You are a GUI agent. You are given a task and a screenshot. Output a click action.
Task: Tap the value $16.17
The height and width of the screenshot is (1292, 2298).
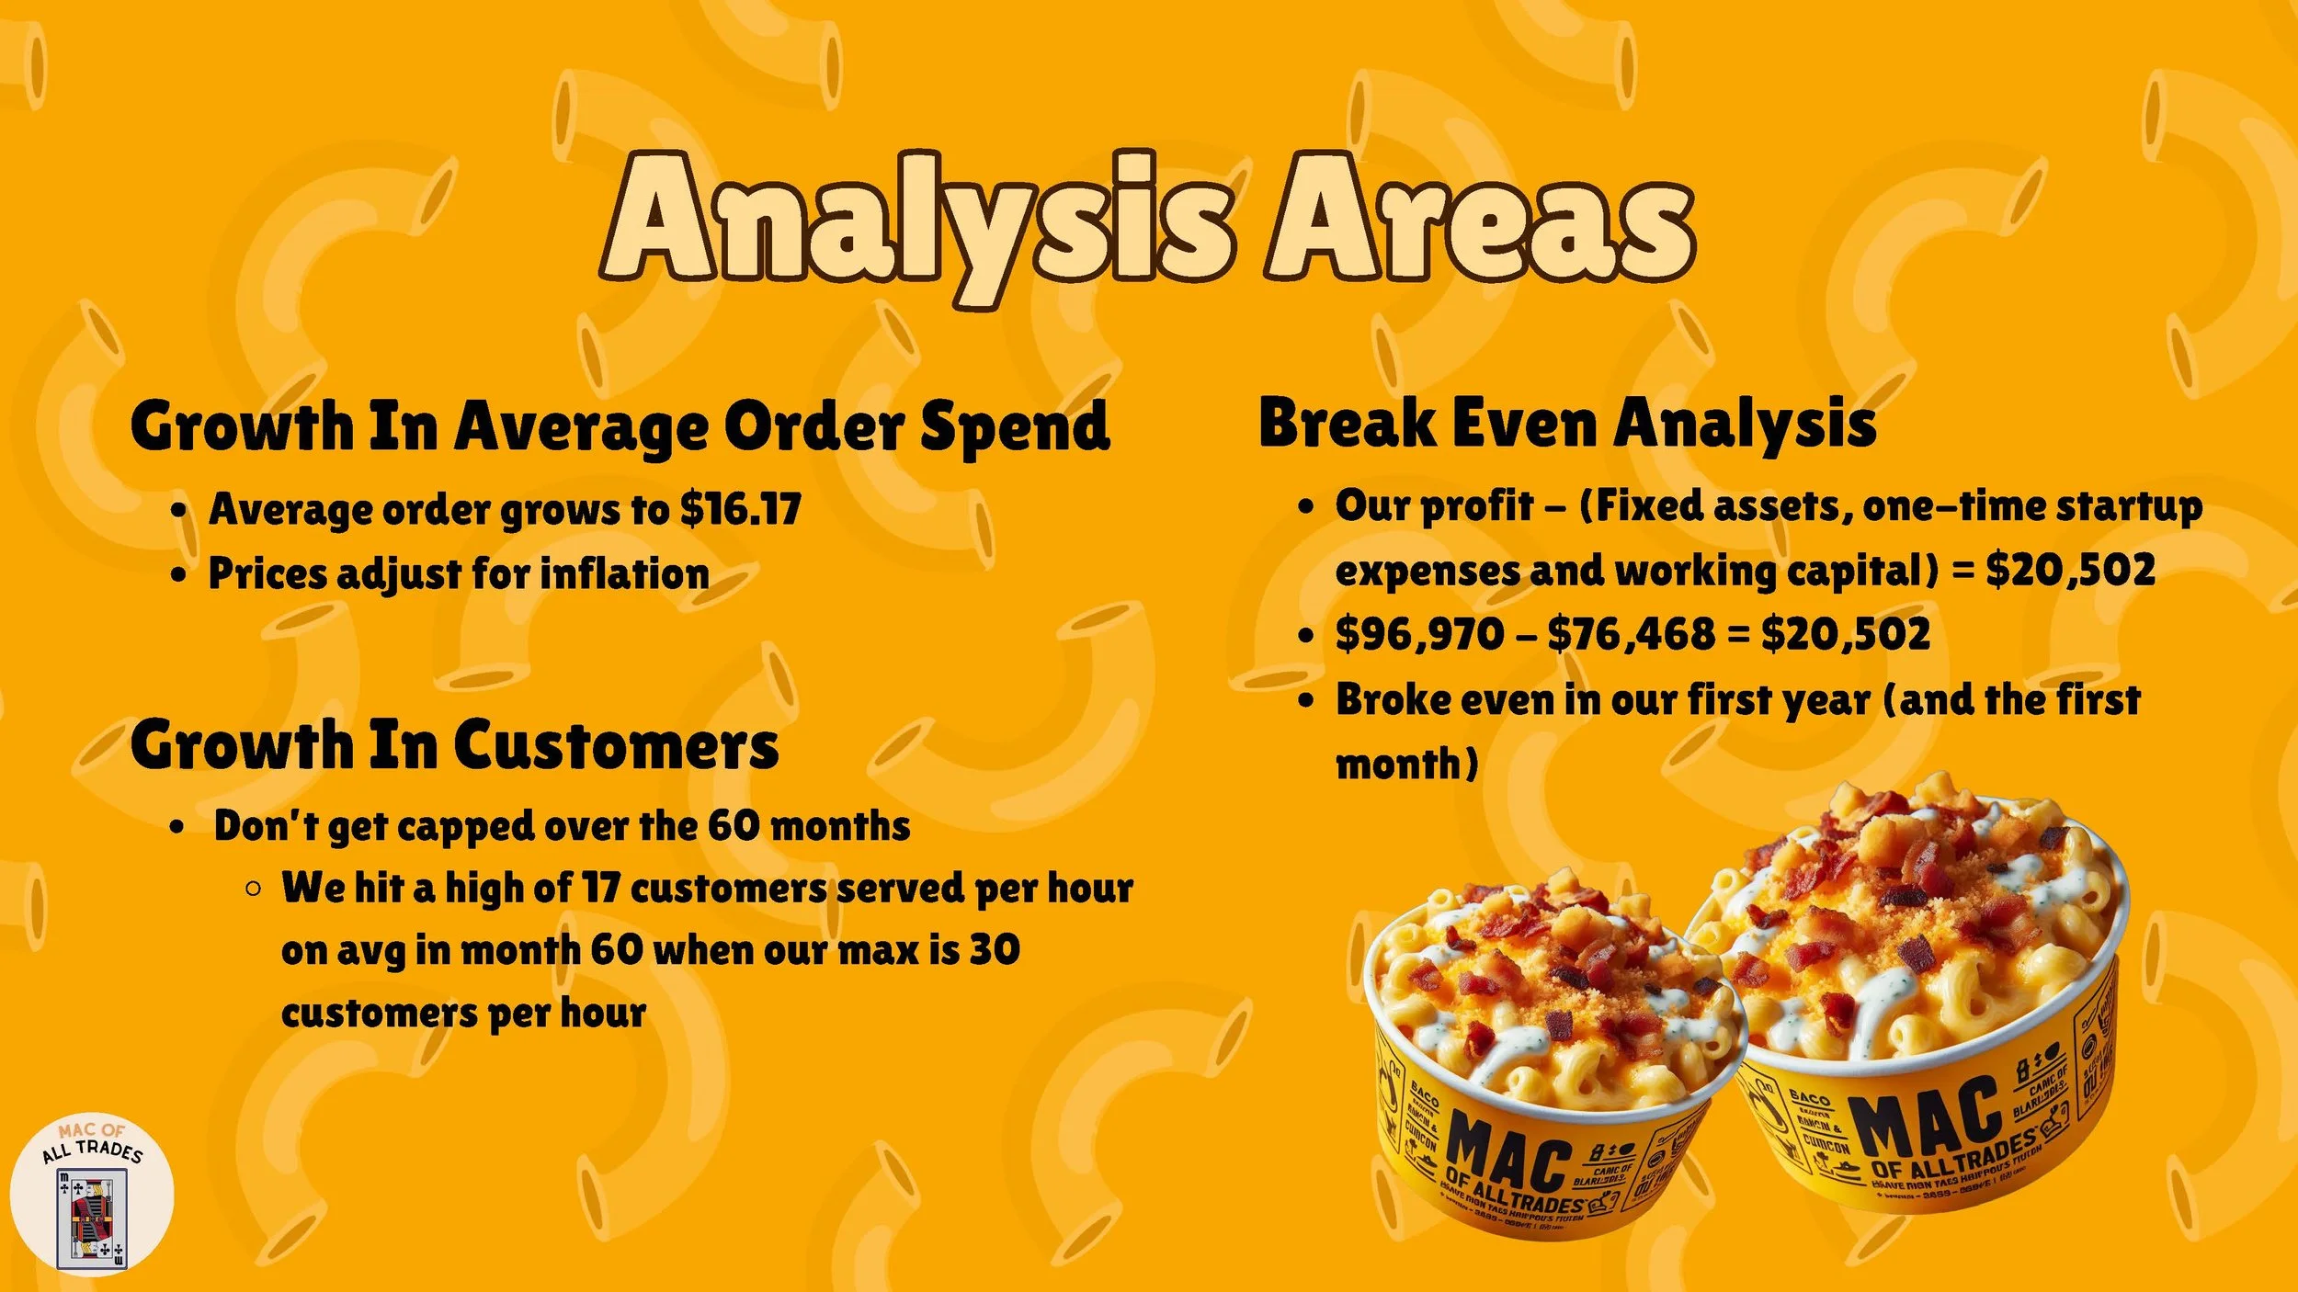(741, 508)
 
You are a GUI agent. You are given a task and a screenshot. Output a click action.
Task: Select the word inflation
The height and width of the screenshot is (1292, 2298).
(625, 573)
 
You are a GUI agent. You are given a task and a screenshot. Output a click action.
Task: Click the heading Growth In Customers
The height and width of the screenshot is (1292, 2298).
(454, 744)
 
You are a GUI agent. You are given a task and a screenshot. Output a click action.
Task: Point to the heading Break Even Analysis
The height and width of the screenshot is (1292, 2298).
(1567, 424)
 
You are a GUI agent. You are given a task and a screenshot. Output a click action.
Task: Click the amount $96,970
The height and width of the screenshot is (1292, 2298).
(1419, 634)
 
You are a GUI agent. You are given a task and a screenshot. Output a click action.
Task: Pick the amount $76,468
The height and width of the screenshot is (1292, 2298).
(1632, 634)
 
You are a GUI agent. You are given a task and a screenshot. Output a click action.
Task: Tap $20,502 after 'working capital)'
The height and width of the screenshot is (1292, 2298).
(2070, 570)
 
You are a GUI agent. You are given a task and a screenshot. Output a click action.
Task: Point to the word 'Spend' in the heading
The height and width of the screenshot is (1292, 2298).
(1015, 427)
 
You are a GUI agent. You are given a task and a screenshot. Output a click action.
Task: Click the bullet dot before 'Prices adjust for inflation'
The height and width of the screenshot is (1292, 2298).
(179, 575)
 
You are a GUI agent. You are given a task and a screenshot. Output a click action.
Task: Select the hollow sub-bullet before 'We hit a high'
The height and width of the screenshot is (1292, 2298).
(254, 889)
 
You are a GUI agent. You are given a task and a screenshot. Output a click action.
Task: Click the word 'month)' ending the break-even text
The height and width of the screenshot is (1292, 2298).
(1406, 764)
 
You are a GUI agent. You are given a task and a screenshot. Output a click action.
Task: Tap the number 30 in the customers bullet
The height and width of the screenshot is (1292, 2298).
(995, 950)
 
